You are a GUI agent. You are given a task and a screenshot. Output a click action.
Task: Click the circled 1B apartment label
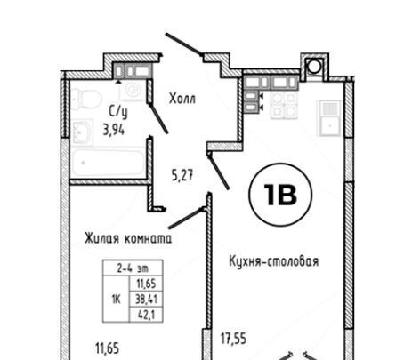point(280,195)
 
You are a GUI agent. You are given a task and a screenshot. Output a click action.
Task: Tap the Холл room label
point(182,99)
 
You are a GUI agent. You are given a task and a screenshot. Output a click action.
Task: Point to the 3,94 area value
point(114,130)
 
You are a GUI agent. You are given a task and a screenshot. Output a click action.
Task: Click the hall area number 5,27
point(182,175)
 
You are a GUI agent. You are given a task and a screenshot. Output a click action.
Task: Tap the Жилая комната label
point(128,238)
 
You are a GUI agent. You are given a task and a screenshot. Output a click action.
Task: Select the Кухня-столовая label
point(274,261)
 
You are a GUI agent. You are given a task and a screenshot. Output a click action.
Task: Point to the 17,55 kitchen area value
point(233,339)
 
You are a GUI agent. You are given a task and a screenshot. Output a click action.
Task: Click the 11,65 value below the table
point(108,348)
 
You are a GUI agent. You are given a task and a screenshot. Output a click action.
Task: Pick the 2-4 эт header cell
point(133,268)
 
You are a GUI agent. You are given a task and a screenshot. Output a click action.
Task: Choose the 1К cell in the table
point(116,300)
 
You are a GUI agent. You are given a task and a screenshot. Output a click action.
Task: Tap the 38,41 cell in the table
point(146,300)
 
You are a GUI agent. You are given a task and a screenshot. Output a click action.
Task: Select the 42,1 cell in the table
point(146,315)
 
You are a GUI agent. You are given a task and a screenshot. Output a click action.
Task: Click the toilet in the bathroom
point(86,100)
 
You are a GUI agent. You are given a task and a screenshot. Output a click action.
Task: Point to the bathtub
point(109,163)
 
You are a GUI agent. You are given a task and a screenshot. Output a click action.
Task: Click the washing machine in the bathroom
point(133,91)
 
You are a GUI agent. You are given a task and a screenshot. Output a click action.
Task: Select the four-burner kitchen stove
point(284,105)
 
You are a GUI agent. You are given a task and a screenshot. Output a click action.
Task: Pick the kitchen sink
point(329,118)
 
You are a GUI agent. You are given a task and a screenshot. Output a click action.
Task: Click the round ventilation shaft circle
point(314,67)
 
